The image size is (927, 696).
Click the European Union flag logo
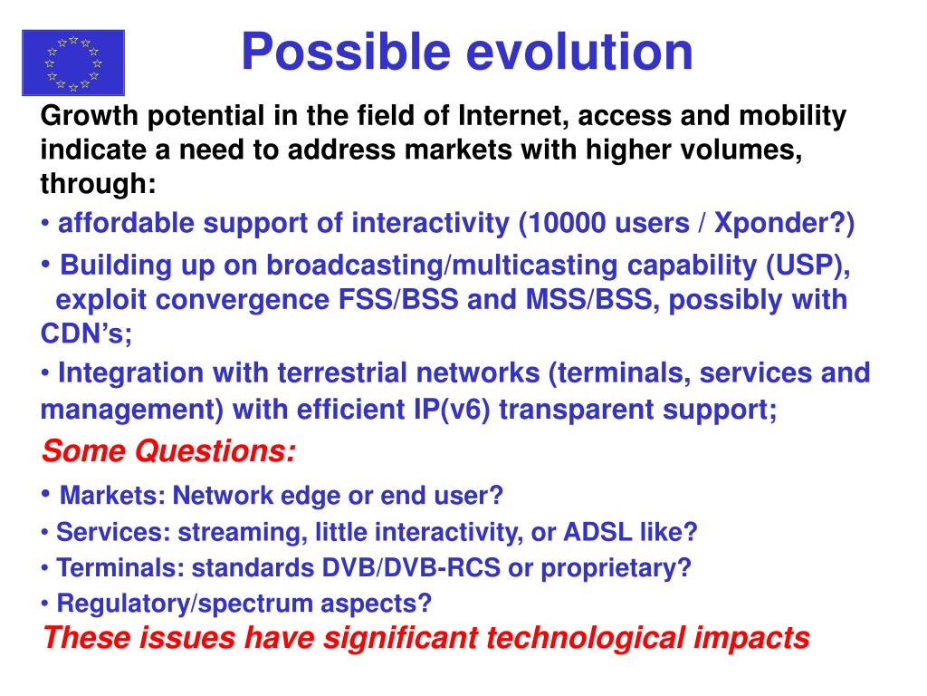tap(73, 63)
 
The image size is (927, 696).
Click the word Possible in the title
tap(346, 52)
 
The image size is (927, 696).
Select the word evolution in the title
tap(579, 52)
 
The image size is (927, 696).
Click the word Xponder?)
tap(785, 224)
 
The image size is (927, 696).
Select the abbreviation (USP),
tap(808, 266)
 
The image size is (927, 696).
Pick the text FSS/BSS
tap(398, 299)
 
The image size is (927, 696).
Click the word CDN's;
tap(86, 333)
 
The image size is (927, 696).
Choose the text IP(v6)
tap(453, 410)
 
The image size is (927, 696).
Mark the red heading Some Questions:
tap(168, 451)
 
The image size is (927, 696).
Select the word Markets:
tap(113, 496)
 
